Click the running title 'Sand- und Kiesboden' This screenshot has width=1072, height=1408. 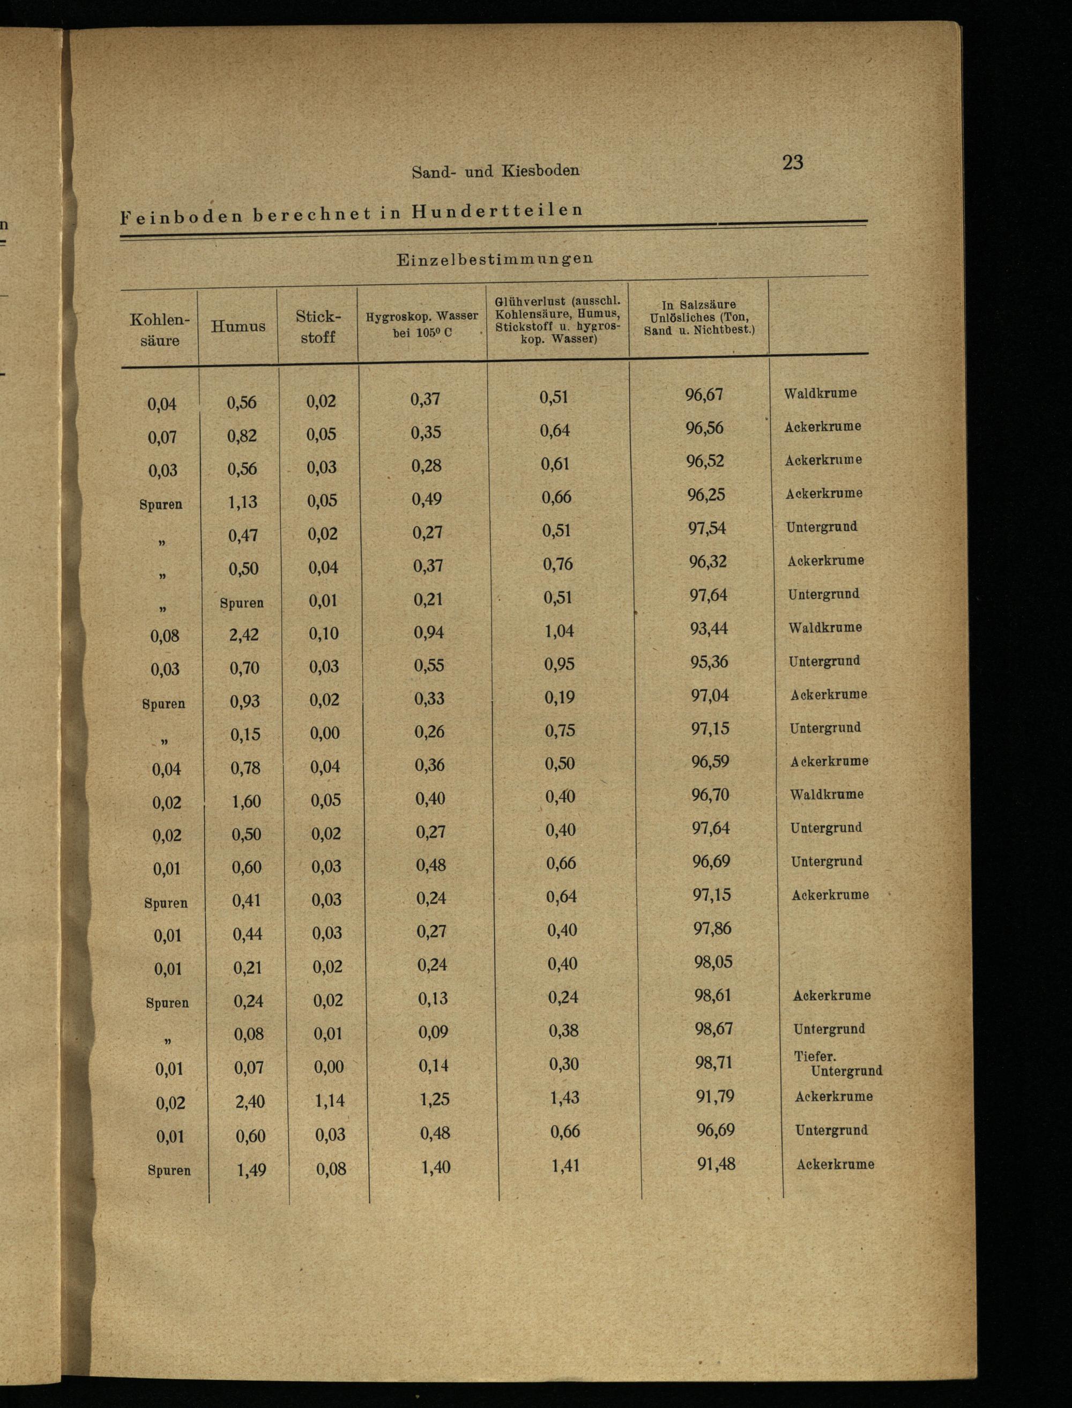click(x=495, y=171)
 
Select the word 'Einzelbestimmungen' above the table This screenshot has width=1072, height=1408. click(x=495, y=259)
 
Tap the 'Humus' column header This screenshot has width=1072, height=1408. click(x=238, y=326)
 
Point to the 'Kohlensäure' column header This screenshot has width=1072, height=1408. click(x=160, y=329)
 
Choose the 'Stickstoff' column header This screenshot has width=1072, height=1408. click(x=318, y=326)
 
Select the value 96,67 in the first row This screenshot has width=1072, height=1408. click(x=704, y=394)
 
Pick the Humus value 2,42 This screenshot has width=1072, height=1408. click(x=244, y=634)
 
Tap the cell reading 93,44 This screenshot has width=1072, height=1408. click(x=708, y=628)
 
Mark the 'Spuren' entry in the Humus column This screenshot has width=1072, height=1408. click(x=241, y=602)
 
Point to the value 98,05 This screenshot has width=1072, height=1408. click(x=713, y=962)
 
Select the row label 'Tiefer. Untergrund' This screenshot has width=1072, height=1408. click(x=837, y=1063)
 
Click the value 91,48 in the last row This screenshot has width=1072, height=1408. click(x=716, y=1164)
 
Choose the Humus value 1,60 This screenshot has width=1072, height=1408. click(x=245, y=801)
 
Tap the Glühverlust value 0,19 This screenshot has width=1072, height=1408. click(x=559, y=697)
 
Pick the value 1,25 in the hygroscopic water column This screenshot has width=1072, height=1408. click(x=435, y=1099)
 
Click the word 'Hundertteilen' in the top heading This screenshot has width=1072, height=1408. click(x=497, y=210)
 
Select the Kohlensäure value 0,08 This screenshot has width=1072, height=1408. click(x=165, y=636)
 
